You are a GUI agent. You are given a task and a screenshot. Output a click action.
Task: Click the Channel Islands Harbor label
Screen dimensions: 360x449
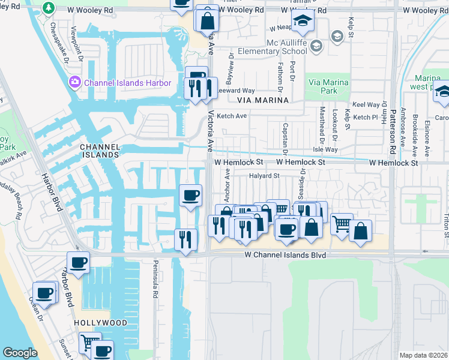(128, 83)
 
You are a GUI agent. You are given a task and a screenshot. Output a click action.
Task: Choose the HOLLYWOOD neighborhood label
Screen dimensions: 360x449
(101, 323)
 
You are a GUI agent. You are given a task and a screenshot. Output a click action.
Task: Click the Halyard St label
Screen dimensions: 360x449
(265, 176)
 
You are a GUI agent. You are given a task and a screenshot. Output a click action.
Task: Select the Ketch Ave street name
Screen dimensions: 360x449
(232, 116)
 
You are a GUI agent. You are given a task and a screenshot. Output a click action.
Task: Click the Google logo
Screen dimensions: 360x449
(20, 353)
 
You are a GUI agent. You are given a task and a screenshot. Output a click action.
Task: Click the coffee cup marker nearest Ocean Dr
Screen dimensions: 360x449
(44, 293)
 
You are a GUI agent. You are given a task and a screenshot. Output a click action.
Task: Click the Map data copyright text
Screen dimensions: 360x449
(423, 355)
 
